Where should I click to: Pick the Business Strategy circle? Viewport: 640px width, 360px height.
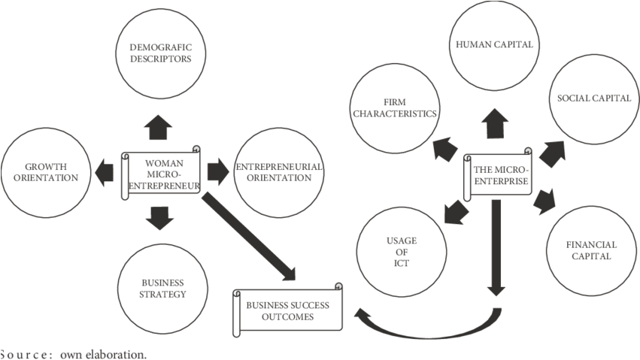[162, 289]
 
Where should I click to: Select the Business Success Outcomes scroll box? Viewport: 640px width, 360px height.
[287, 309]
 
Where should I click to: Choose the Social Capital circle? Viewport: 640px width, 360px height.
[589, 98]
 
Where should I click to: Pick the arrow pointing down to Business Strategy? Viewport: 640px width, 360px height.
[159, 216]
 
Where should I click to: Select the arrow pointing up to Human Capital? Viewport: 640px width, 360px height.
[496, 123]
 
